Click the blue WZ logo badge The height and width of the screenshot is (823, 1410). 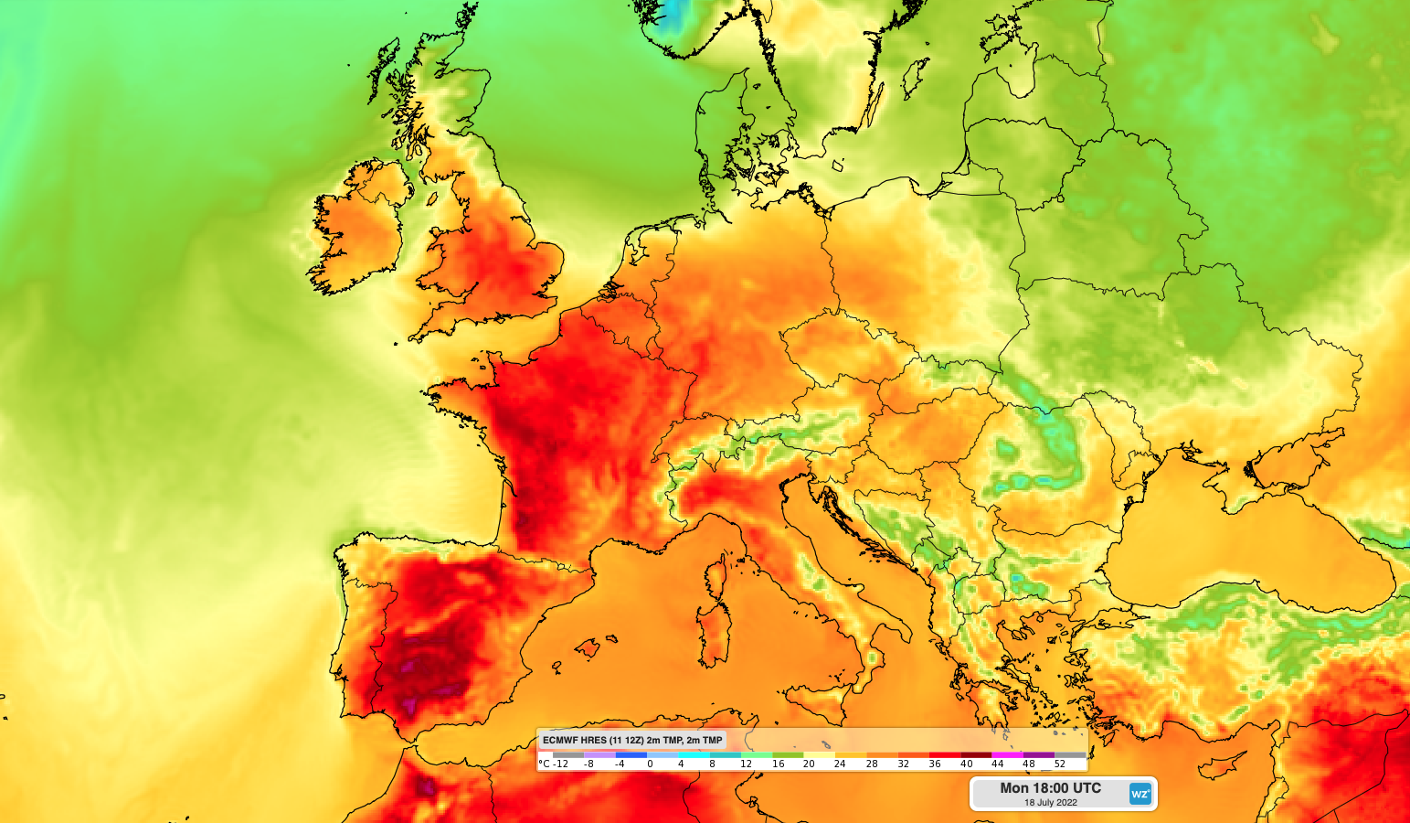[1140, 794]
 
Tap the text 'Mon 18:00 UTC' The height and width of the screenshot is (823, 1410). [1050, 787]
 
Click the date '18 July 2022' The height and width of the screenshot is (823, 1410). [1050, 803]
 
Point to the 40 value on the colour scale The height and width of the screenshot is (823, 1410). [966, 764]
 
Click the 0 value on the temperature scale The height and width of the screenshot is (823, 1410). [650, 764]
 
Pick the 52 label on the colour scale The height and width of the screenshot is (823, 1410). [1060, 764]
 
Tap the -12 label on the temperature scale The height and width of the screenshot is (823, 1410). [559, 764]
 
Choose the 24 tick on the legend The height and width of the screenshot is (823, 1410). [840, 764]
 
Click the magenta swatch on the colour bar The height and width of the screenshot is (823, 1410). [1006, 755]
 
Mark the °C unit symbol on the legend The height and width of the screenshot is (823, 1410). [544, 764]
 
